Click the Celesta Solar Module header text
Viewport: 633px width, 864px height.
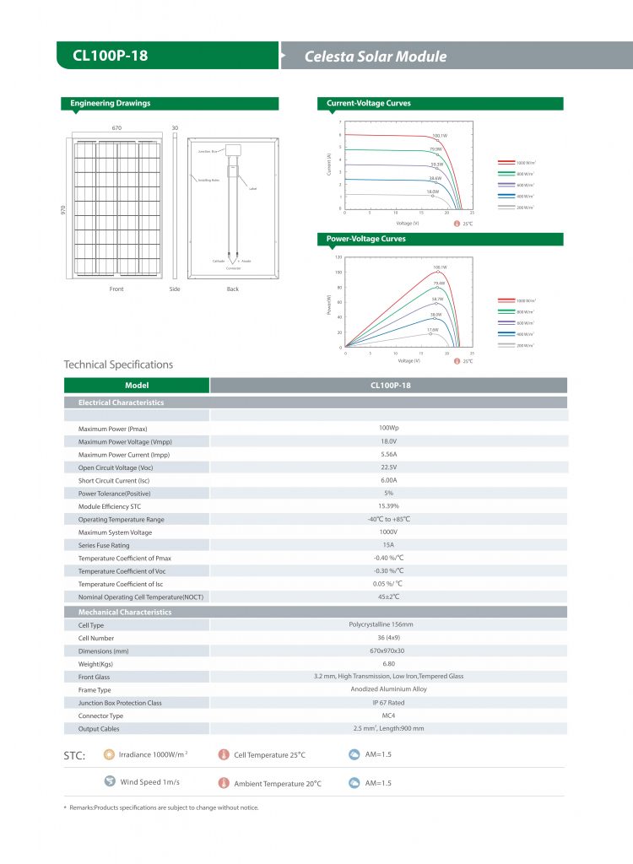coord(375,57)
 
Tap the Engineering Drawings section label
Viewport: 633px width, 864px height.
coord(111,104)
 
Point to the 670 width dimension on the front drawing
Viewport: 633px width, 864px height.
coord(117,128)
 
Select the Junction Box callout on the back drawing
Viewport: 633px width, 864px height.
coord(208,151)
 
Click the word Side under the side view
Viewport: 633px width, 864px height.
coord(175,289)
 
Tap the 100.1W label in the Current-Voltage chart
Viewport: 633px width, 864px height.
coord(439,135)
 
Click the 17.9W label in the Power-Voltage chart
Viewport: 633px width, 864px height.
coord(432,330)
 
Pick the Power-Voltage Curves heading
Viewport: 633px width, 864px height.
coord(366,240)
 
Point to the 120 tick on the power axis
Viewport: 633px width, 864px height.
coord(338,256)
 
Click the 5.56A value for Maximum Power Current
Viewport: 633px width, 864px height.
coord(389,455)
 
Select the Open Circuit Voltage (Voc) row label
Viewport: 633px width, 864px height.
coord(116,467)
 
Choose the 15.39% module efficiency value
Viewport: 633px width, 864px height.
coord(388,506)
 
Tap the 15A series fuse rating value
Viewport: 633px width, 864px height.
coord(389,545)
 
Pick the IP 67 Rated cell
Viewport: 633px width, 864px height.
coord(388,702)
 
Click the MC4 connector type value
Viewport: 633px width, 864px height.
coord(388,715)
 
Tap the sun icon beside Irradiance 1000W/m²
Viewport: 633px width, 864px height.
coord(108,754)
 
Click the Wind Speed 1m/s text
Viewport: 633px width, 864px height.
coord(150,782)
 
